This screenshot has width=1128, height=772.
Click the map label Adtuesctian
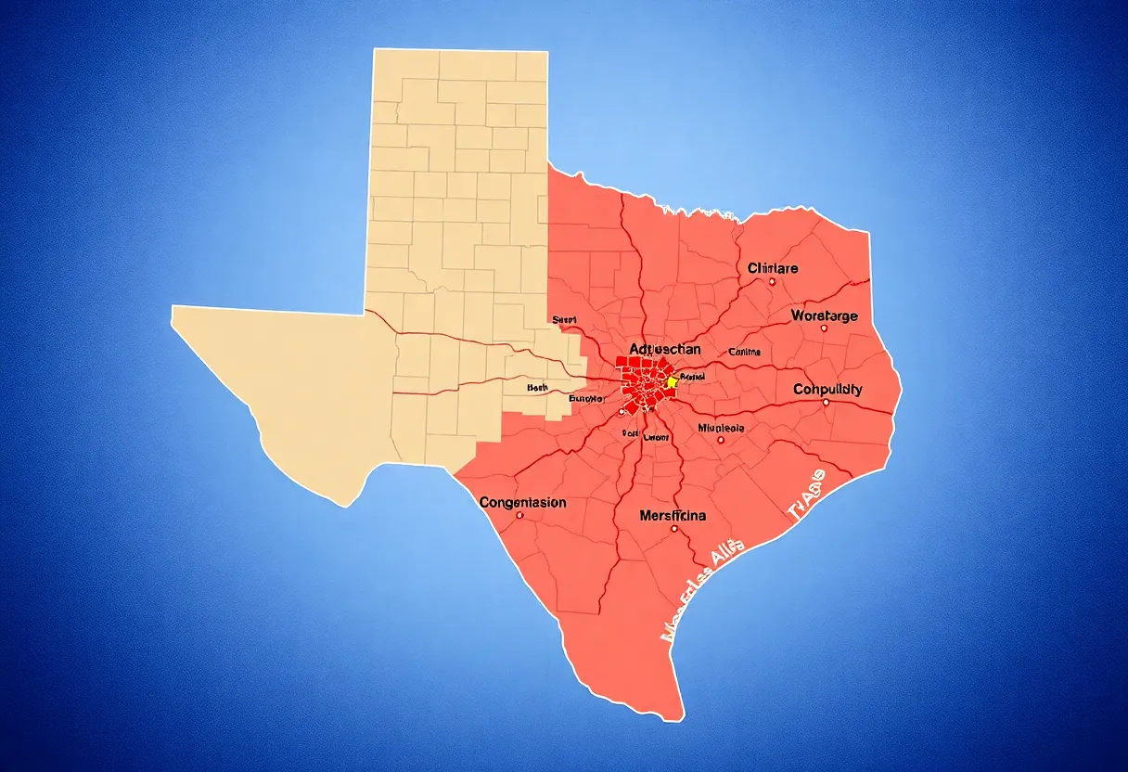coord(664,349)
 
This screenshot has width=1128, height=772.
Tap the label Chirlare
coord(773,268)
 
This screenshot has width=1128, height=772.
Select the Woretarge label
coord(824,315)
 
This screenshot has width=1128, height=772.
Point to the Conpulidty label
coord(827,390)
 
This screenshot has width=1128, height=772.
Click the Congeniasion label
coord(523,502)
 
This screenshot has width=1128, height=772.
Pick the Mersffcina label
coord(673,515)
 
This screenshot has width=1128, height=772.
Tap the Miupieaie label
coord(720,428)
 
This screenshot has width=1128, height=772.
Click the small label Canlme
coord(744,352)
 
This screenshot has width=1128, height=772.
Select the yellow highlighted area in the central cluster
coord(672,382)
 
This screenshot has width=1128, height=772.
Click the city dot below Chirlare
coord(772,282)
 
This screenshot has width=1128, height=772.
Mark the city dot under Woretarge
coord(823,328)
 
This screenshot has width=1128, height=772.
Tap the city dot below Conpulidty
coord(826,403)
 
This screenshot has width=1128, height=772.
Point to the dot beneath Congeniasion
coord(519,515)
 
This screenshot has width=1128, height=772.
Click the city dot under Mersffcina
coord(674,529)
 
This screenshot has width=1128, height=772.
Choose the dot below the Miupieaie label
coord(721,440)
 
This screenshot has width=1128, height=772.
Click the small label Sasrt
coord(564,319)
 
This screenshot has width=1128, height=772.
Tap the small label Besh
coord(537,387)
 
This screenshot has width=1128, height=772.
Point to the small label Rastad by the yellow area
coord(693,377)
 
